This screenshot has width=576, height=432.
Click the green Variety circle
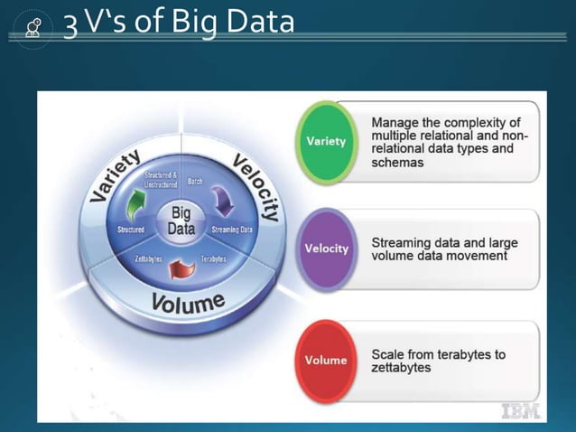click(x=326, y=142)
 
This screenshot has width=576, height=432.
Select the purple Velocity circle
click(x=327, y=249)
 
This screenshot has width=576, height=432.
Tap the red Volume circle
click(x=326, y=360)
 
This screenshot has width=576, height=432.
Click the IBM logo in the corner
click(x=521, y=409)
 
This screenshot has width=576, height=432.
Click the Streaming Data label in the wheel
click(x=232, y=230)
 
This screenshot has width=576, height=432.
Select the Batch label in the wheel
click(x=194, y=182)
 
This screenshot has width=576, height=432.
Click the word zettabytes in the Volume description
click(x=402, y=369)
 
